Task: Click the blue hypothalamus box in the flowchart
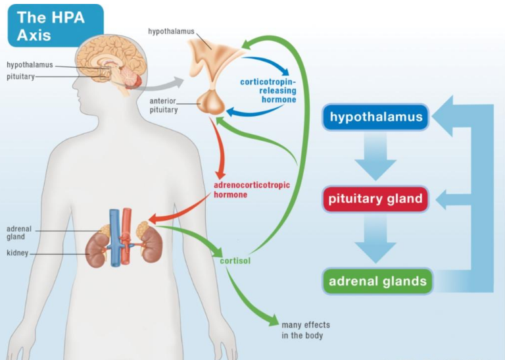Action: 375,118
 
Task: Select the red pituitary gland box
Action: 375,199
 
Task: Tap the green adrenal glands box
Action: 377,282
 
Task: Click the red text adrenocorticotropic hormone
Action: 252,190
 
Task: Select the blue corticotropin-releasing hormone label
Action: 268,90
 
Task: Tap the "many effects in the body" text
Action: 306,330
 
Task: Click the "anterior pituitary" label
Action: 164,105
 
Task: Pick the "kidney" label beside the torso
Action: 17,253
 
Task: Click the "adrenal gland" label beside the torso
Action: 20,233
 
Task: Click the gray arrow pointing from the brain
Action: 166,84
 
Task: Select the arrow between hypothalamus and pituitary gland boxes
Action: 375,159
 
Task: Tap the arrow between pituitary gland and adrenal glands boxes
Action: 375,240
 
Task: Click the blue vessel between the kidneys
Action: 115,237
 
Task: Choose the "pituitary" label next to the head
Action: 21,77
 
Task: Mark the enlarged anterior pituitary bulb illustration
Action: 211,103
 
